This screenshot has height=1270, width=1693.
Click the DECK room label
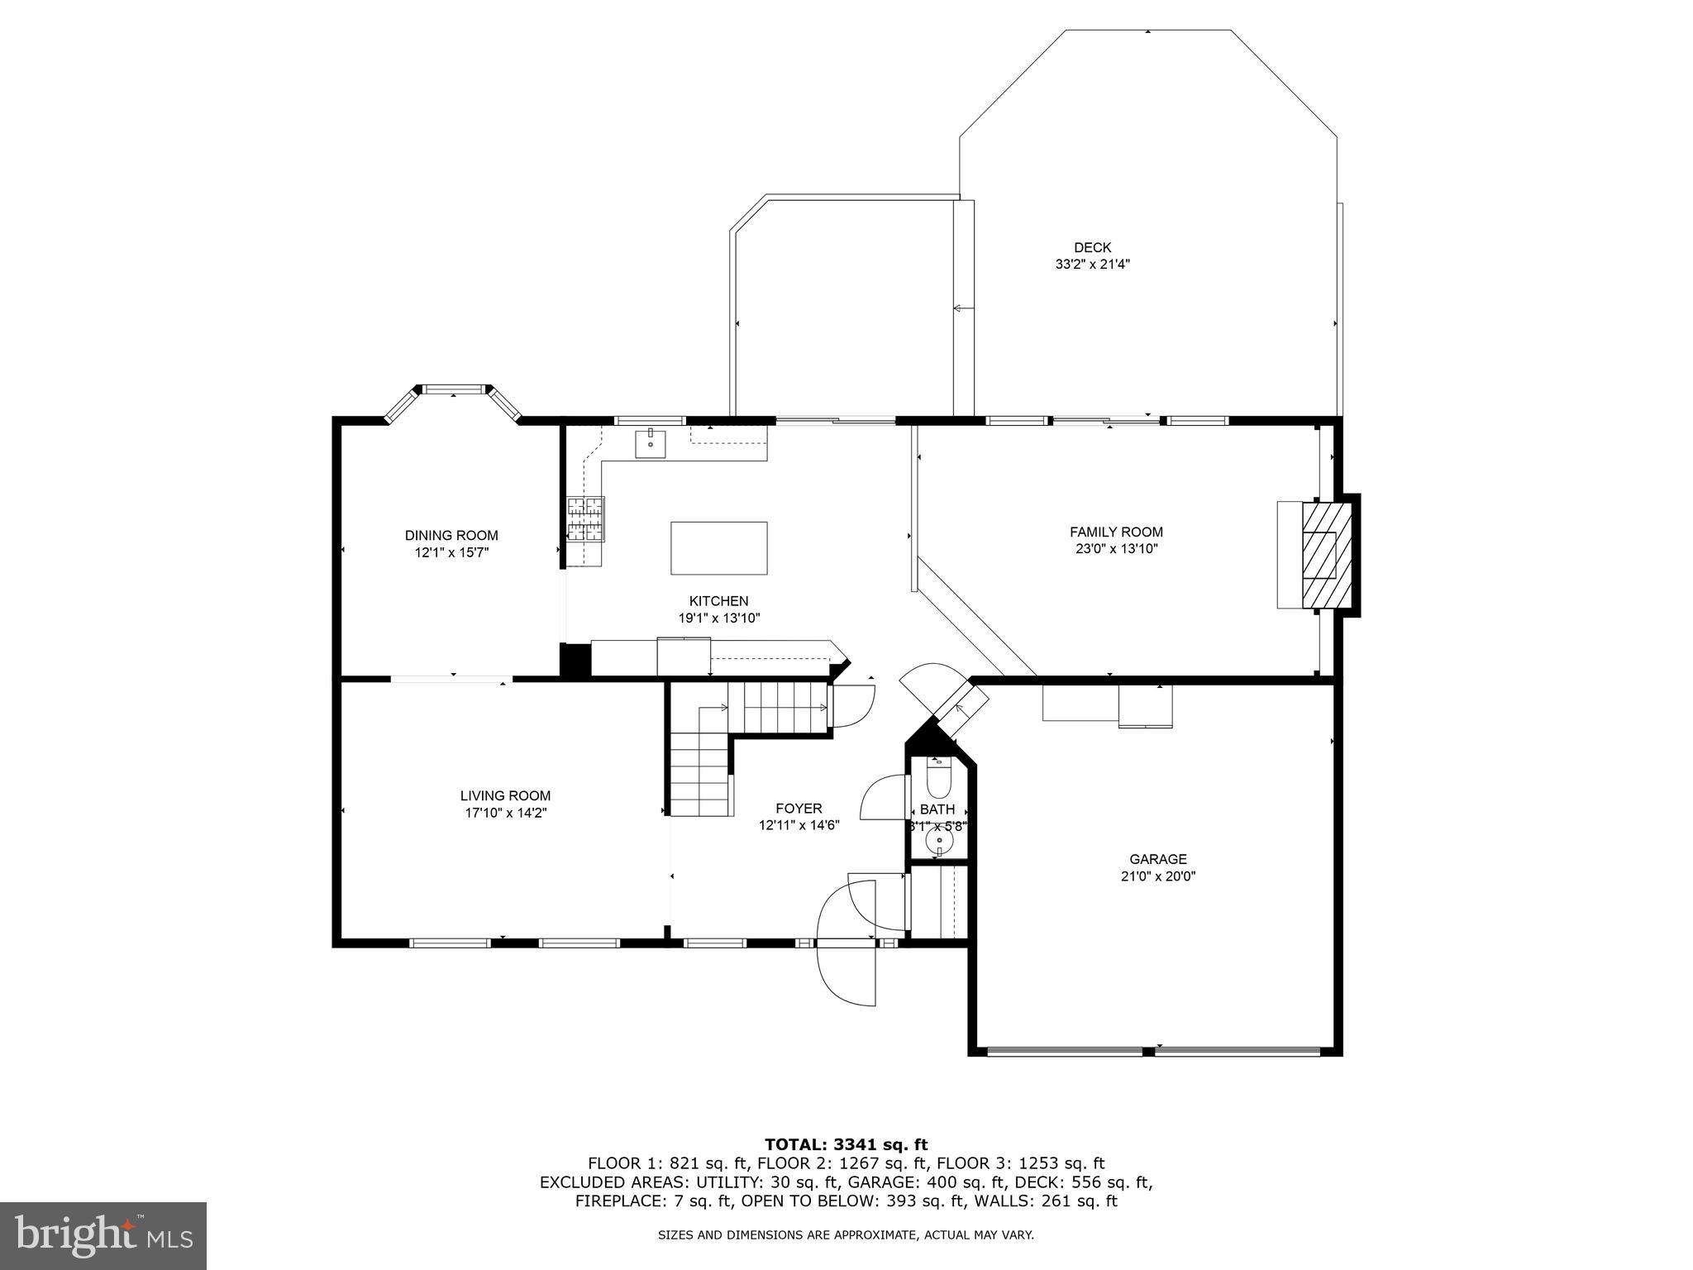[x=1092, y=247]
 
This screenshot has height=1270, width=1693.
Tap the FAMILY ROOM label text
[x=1116, y=532]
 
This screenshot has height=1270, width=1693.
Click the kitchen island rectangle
[x=718, y=547]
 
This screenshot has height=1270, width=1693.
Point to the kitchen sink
[x=651, y=443]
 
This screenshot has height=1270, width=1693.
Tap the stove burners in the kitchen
[x=585, y=518]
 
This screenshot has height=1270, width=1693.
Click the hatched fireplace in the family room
[x=1328, y=555]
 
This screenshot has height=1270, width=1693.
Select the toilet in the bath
[x=938, y=776]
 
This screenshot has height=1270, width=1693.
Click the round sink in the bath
[x=938, y=842]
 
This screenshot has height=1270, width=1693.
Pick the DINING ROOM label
[x=451, y=536]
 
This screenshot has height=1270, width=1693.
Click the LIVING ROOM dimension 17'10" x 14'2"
[x=506, y=813]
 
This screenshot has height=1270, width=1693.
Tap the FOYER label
[x=799, y=809]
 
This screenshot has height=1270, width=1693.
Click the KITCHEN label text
[x=718, y=601]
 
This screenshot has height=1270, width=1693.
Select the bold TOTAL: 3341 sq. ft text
[x=846, y=1144]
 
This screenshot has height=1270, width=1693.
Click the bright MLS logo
[x=103, y=1236]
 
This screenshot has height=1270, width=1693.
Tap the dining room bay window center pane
[x=453, y=389]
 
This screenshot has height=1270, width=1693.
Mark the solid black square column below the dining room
[x=575, y=661]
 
